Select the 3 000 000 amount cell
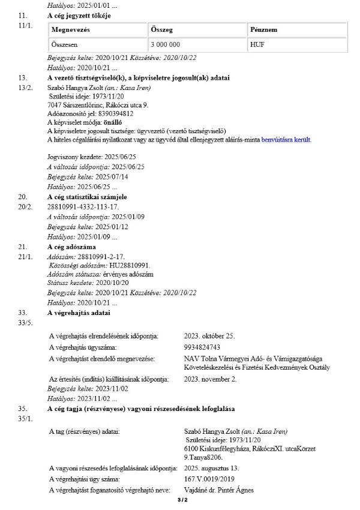(x=170, y=44)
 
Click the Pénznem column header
(x=263, y=29)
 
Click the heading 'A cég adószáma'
(x=74, y=247)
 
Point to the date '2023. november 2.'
(x=210, y=379)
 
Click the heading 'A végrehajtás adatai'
(x=79, y=313)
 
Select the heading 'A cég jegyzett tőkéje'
(x=80, y=14)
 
